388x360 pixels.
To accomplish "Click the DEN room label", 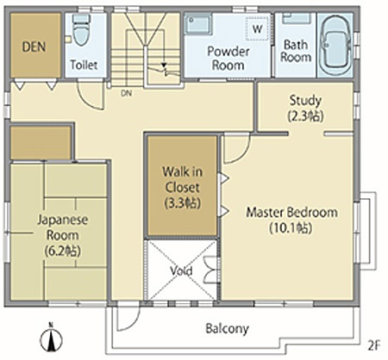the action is [x=34, y=47].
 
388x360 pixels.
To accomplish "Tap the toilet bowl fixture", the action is [x=81, y=29].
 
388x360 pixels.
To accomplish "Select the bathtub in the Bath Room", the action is [x=335, y=45].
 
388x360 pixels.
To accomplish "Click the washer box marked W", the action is [x=257, y=28].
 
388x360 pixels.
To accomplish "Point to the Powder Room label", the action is [x=228, y=59].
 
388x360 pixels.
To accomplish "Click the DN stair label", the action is [x=126, y=93].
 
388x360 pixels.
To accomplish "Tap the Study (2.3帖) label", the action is [x=305, y=109].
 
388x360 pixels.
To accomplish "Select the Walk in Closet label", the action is [x=183, y=187].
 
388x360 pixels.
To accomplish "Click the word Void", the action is [x=181, y=270].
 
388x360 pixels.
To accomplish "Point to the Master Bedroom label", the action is [x=291, y=220].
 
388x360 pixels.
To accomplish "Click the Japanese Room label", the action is [x=63, y=235].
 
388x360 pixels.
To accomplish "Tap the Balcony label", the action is [x=227, y=328].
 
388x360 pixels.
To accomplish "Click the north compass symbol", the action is [x=51, y=338].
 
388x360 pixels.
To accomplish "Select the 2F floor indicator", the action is [x=374, y=345].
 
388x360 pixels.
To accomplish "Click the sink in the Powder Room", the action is [x=198, y=24].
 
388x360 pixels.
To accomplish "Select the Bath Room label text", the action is [x=296, y=51].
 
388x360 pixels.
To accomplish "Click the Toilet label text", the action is [x=84, y=65].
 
